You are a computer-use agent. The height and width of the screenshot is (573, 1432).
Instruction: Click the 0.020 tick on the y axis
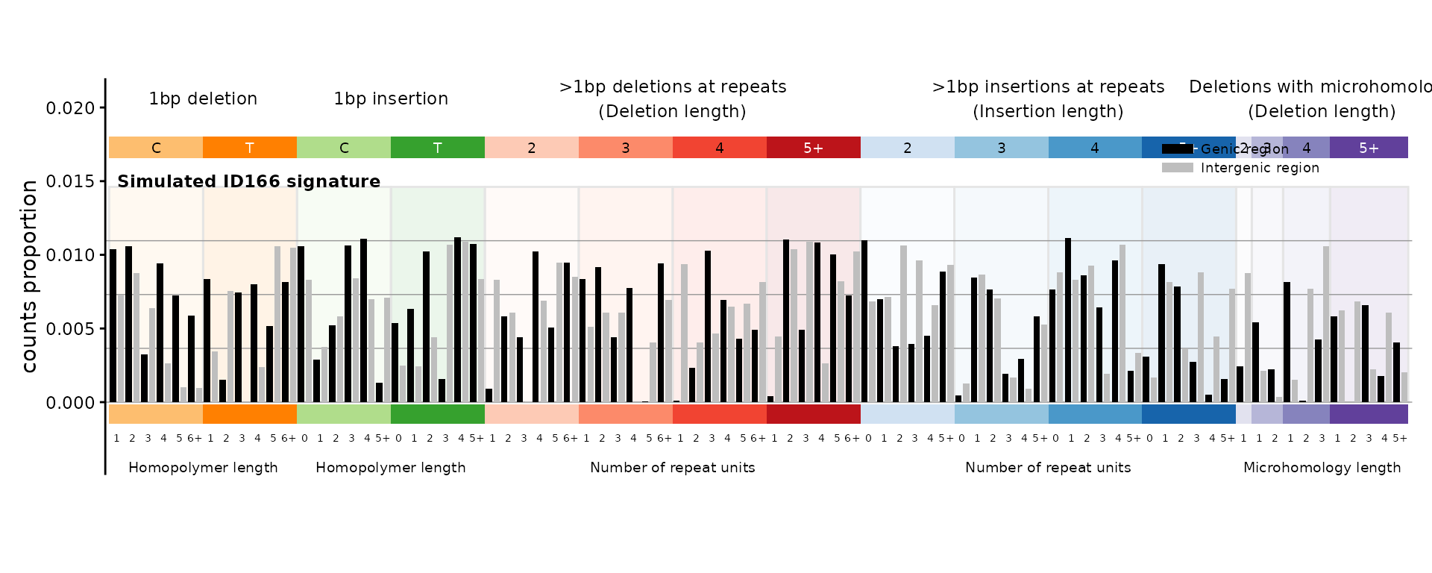pos(71,108)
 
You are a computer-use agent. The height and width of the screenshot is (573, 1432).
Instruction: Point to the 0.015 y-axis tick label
pos(71,181)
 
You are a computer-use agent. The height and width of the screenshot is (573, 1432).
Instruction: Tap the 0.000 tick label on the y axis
pos(71,403)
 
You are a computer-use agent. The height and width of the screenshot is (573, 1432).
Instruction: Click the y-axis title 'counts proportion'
pos(29,276)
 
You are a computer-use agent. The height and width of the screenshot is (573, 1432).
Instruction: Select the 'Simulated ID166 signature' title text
pos(248,181)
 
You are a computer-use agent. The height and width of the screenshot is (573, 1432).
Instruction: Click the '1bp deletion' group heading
pos(203,98)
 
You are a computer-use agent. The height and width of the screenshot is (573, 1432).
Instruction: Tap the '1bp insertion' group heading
pos(391,98)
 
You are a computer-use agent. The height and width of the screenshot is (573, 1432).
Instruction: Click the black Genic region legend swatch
pos(1177,149)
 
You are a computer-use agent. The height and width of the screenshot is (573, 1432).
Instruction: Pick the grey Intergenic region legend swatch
pos(1177,168)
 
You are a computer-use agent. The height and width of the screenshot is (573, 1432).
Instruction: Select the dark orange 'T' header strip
pos(250,148)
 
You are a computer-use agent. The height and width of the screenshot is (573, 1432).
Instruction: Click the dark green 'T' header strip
pos(438,148)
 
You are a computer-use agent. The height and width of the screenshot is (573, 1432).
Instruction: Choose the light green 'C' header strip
pos(344,148)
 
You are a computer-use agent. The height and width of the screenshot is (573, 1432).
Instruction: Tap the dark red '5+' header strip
pos(814,148)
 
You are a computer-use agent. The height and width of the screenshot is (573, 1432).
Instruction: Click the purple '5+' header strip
pos(1369,148)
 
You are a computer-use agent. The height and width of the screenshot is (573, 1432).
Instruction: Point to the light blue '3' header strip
pos(1002,148)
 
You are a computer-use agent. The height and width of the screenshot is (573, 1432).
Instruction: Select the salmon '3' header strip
pos(626,148)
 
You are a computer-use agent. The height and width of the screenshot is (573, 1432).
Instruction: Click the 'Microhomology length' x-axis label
pos(1322,468)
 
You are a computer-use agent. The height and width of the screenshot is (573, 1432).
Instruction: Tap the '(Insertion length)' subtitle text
pos(1048,111)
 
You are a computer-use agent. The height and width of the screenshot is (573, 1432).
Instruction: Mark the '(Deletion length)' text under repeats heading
pos(672,111)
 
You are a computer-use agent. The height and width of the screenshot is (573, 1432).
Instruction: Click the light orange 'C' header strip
pos(156,148)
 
